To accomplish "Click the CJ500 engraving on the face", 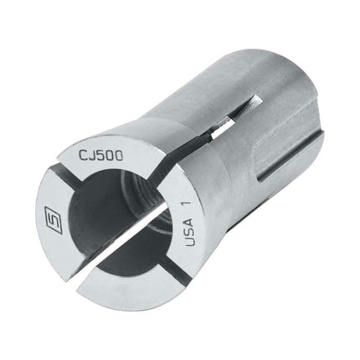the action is pyautogui.click(x=100, y=156).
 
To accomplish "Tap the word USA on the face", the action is pyautogui.click(x=189, y=233).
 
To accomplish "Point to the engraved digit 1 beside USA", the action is pyautogui.click(x=188, y=203).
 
